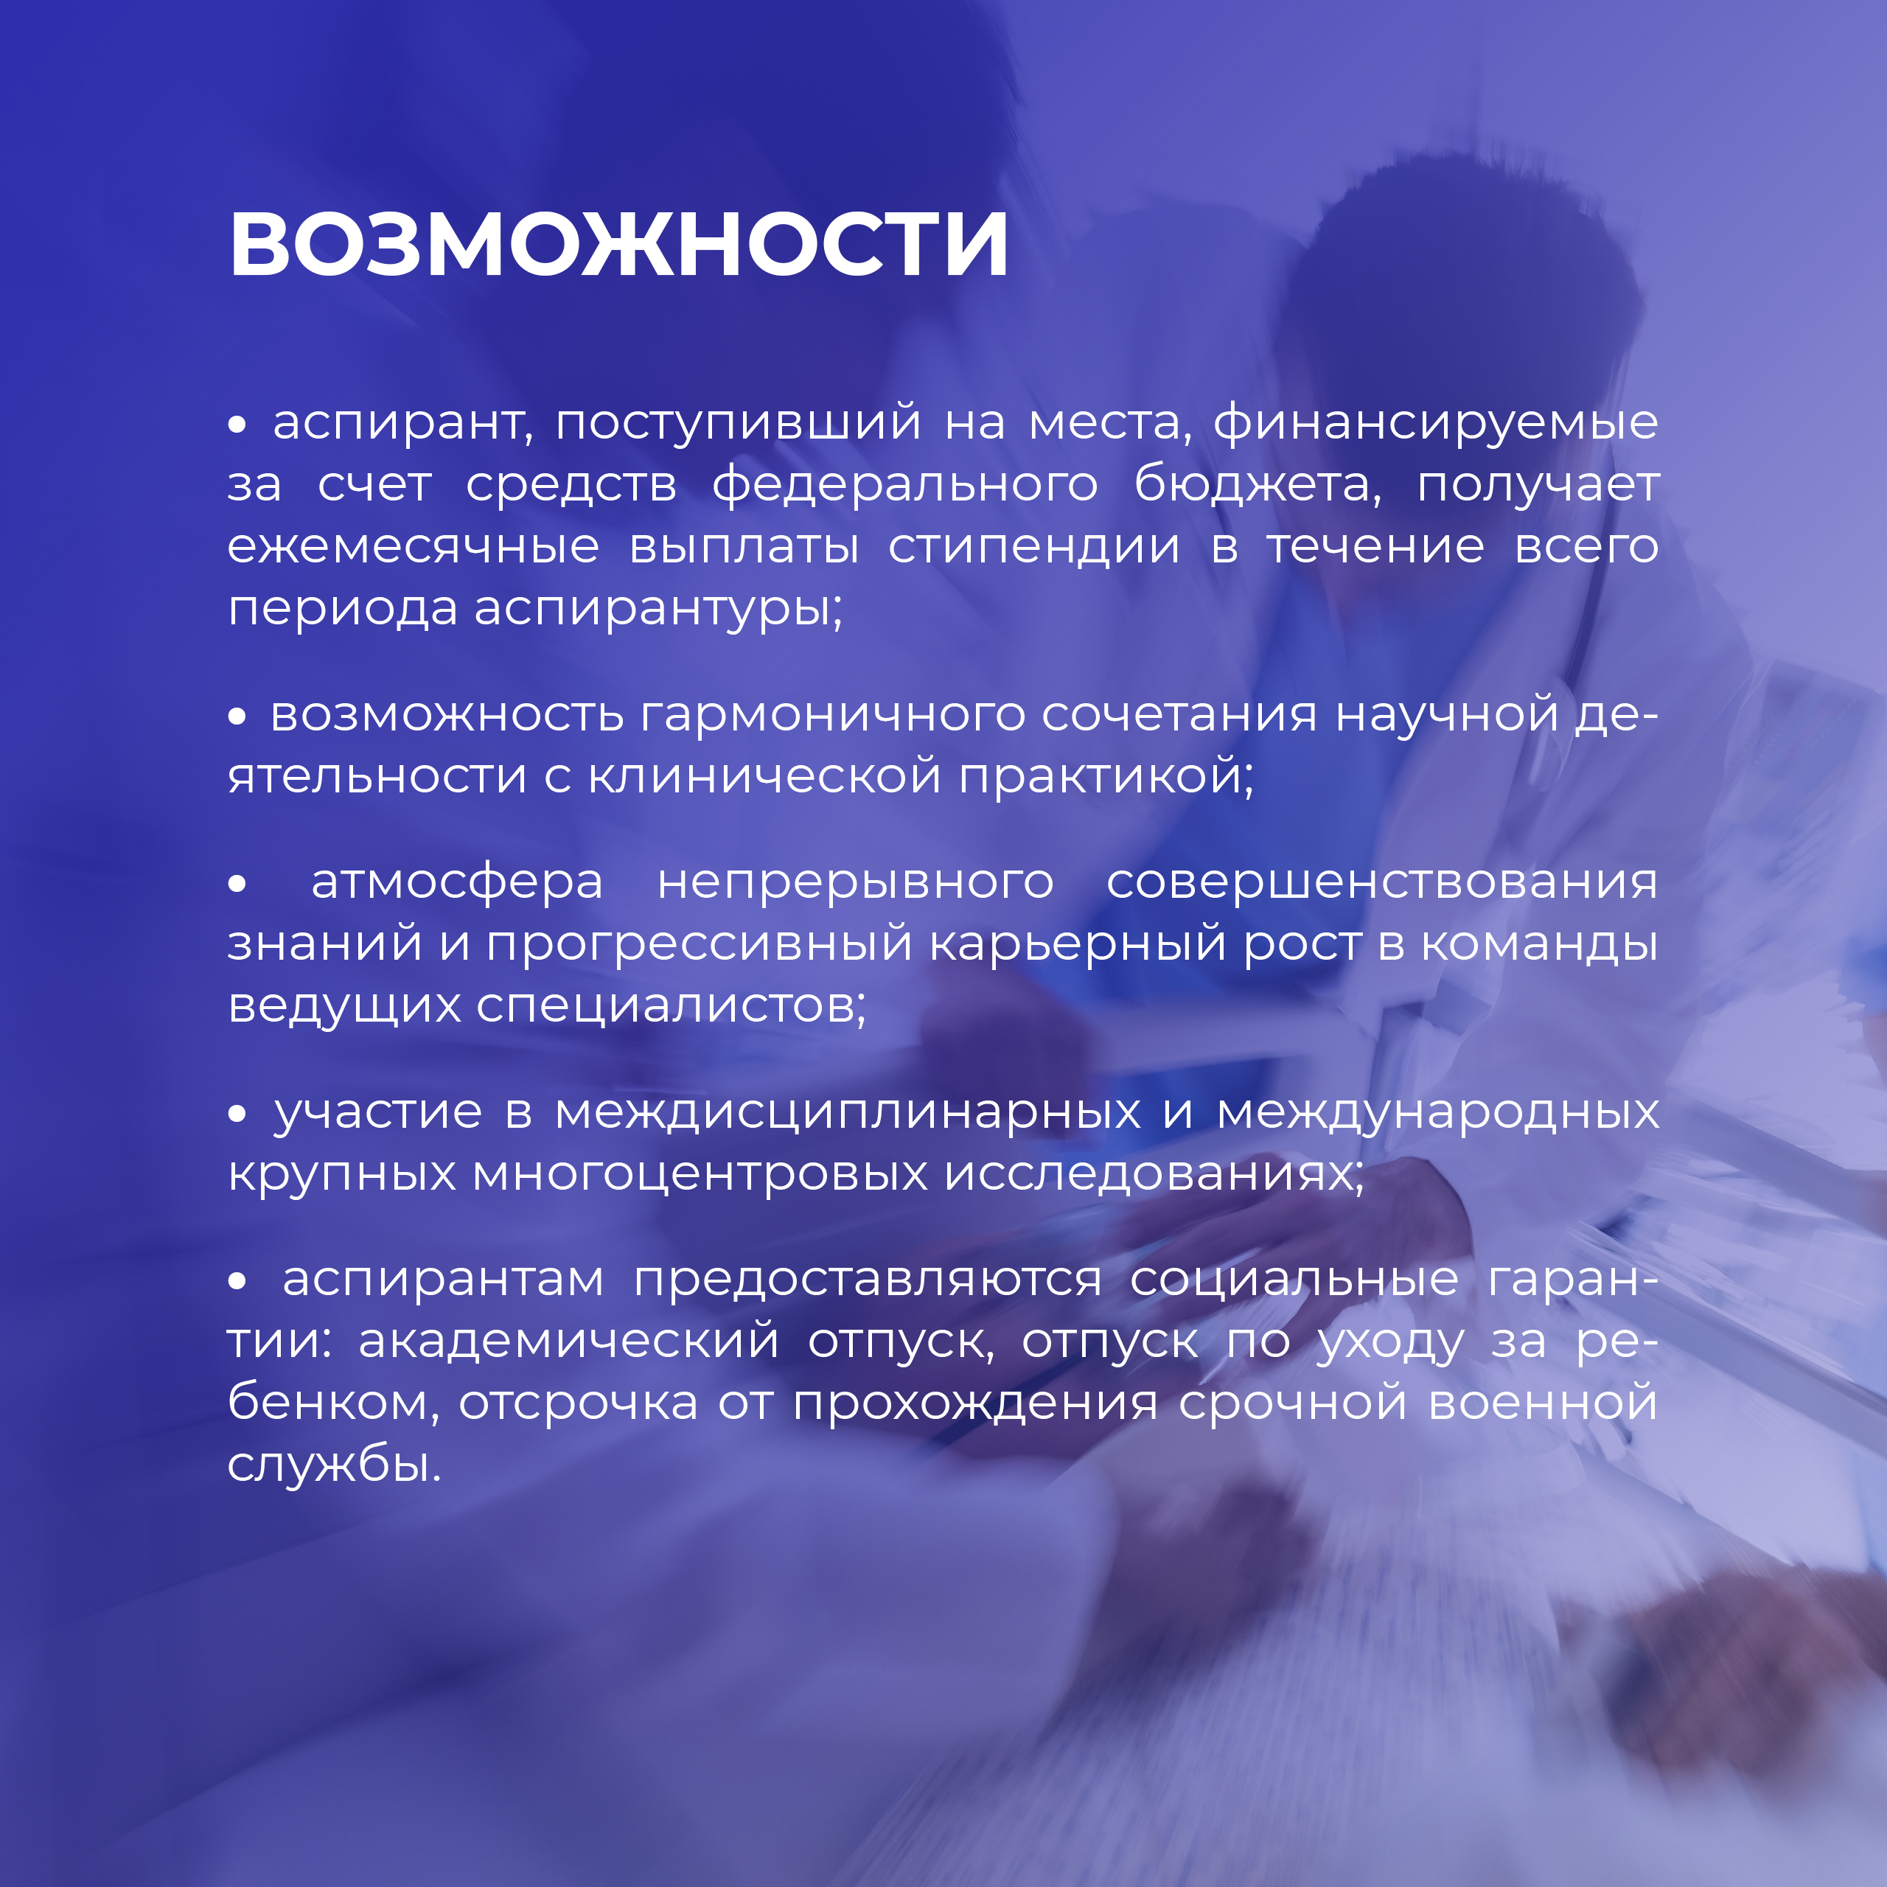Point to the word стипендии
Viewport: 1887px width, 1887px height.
(x=1034, y=548)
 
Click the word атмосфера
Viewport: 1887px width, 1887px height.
(x=457, y=883)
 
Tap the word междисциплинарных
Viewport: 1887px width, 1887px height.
(x=848, y=1112)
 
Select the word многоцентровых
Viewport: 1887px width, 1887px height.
(x=700, y=1175)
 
